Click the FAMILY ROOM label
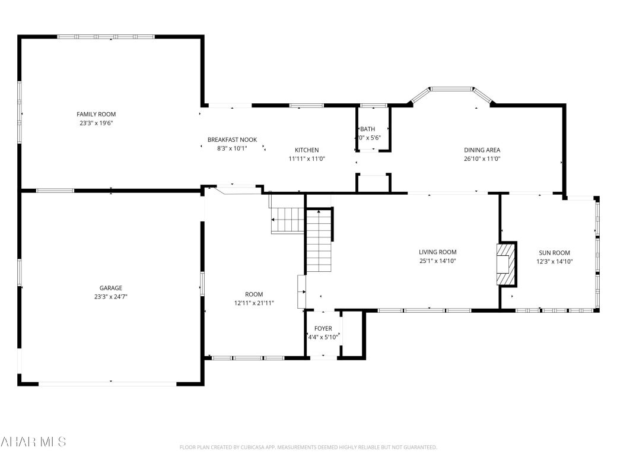point(96,114)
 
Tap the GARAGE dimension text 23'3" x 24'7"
point(111,297)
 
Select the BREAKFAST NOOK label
point(232,139)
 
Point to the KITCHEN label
point(307,150)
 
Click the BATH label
point(368,129)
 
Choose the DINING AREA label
point(482,150)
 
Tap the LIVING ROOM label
point(437,252)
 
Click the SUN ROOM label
point(554,252)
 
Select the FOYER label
point(323,328)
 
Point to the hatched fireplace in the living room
point(504,264)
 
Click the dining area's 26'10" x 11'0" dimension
point(482,158)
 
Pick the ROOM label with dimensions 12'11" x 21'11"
point(254,294)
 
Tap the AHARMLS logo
point(33,442)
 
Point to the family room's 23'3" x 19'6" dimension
point(96,123)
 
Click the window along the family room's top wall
point(106,37)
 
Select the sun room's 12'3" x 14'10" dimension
point(554,261)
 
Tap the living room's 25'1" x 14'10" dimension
point(437,261)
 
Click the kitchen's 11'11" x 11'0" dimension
point(307,158)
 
